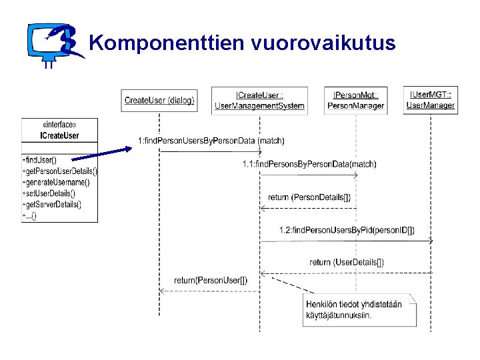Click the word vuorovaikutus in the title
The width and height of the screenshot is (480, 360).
coord(323,43)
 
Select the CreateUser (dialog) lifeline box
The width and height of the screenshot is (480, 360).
coord(159,100)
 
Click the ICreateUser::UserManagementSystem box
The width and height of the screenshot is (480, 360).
coord(259,101)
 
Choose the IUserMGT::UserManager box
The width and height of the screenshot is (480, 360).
coord(431,100)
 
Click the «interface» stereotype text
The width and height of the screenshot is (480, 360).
coord(59,125)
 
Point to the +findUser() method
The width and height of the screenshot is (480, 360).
coord(41,160)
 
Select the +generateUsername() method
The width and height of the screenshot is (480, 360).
coord(56,182)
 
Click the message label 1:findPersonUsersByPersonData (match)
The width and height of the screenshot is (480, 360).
coord(211,140)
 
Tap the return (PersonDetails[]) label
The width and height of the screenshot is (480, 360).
coord(309,197)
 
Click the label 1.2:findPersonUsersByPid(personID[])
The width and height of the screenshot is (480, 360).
coord(347,230)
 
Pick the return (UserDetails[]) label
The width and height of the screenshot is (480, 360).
coord(347,262)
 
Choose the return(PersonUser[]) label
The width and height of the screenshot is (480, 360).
coord(211,280)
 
